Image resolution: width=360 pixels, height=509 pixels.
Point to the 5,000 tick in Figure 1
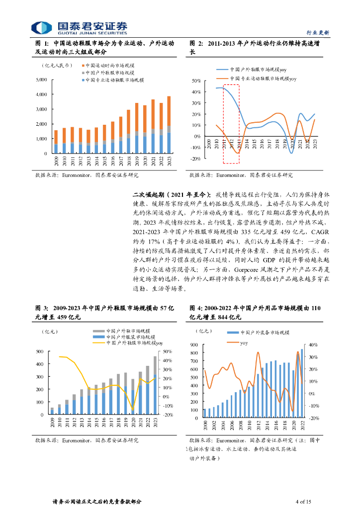tap(42, 80)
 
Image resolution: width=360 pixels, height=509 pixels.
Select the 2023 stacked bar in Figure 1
tap(169, 125)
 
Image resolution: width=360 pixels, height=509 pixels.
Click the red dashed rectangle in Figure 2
tap(231, 123)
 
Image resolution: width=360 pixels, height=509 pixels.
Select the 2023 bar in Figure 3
tap(155, 385)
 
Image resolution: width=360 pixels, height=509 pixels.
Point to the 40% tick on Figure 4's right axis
tap(313, 344)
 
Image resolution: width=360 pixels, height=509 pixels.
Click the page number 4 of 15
tap(303, 501)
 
